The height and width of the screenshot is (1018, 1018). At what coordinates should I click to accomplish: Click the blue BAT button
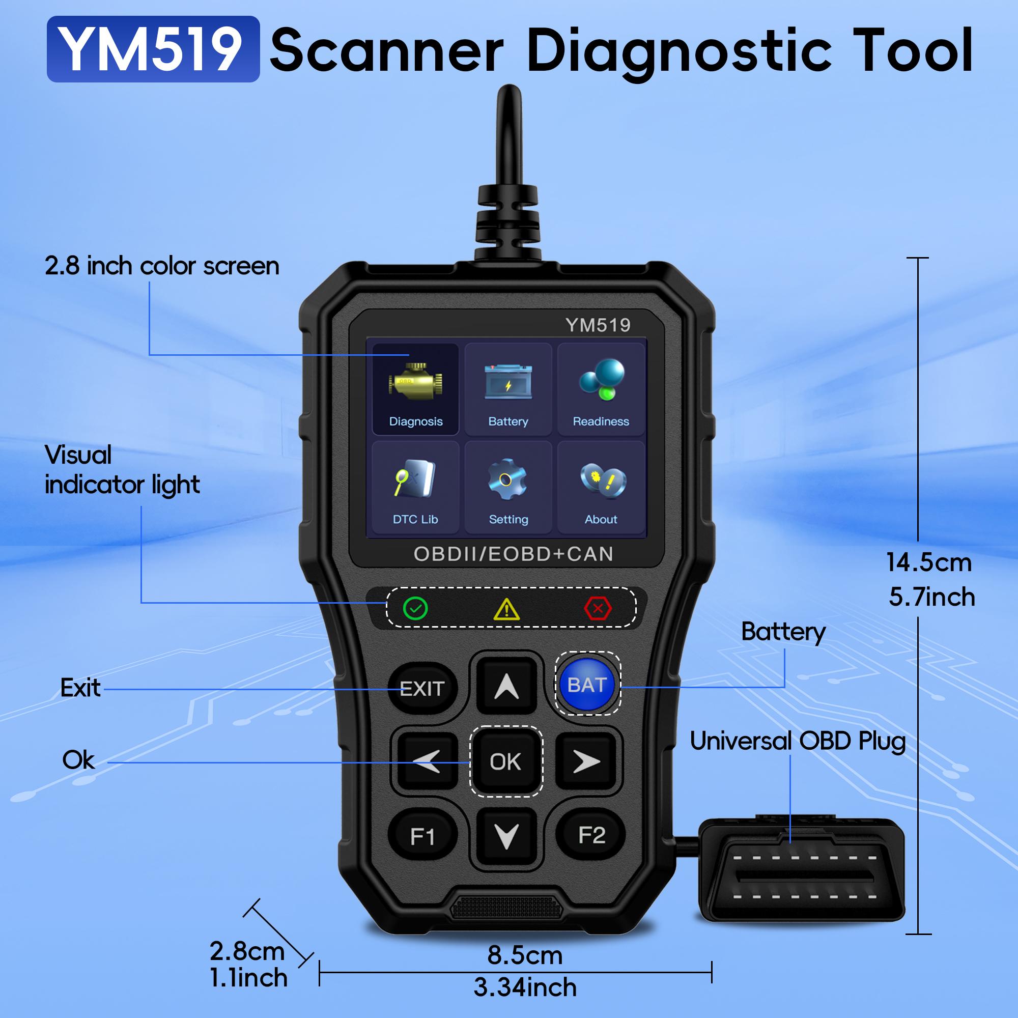587,685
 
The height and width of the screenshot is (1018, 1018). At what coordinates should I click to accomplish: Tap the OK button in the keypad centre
505,761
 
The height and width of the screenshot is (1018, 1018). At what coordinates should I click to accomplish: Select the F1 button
422,836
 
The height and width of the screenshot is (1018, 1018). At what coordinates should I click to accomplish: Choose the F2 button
591,835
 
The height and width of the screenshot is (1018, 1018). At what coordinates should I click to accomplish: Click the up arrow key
506,686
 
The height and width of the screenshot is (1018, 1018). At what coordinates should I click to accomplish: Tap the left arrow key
427,761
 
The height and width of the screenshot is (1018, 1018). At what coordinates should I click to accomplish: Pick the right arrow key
586,761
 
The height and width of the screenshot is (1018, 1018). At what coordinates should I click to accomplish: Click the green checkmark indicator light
415,608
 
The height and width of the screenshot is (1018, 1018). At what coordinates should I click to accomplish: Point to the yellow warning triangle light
506,610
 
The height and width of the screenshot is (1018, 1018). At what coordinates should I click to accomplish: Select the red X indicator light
598,609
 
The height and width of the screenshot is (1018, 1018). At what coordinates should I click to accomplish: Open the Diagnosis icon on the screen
415,389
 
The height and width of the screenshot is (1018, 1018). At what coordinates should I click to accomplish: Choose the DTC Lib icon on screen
415,486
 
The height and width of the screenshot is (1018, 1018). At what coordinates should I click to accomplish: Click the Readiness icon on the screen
601,389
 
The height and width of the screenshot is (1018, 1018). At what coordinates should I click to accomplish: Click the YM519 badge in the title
153,49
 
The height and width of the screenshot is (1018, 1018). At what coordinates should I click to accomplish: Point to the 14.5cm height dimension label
928,562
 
